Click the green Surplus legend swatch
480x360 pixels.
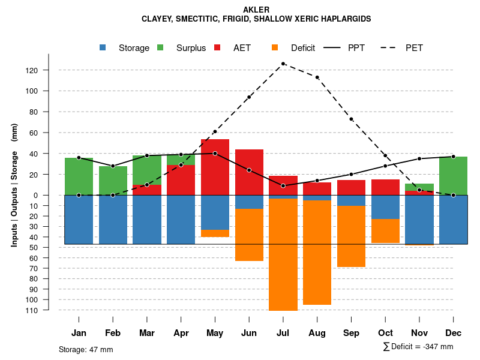coord(160,48)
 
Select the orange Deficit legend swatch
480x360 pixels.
coord(275,48)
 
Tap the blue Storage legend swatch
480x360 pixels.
coord(103,48)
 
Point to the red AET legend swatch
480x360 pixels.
coord(217,48)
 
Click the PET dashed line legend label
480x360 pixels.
coord(414,48)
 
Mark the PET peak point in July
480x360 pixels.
coord(283,64)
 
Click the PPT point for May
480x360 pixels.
coord(215,154)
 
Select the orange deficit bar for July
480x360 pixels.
coord(283,254)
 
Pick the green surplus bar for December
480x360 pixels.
coord(454,175)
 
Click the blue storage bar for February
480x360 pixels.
coord(113,220)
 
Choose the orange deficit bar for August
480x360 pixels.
coord(317,252)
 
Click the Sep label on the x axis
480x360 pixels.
coord(351,333)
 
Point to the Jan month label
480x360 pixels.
coord(79,333)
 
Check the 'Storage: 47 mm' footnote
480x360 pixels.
coord(86,349)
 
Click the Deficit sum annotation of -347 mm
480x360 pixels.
coord(418,347)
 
